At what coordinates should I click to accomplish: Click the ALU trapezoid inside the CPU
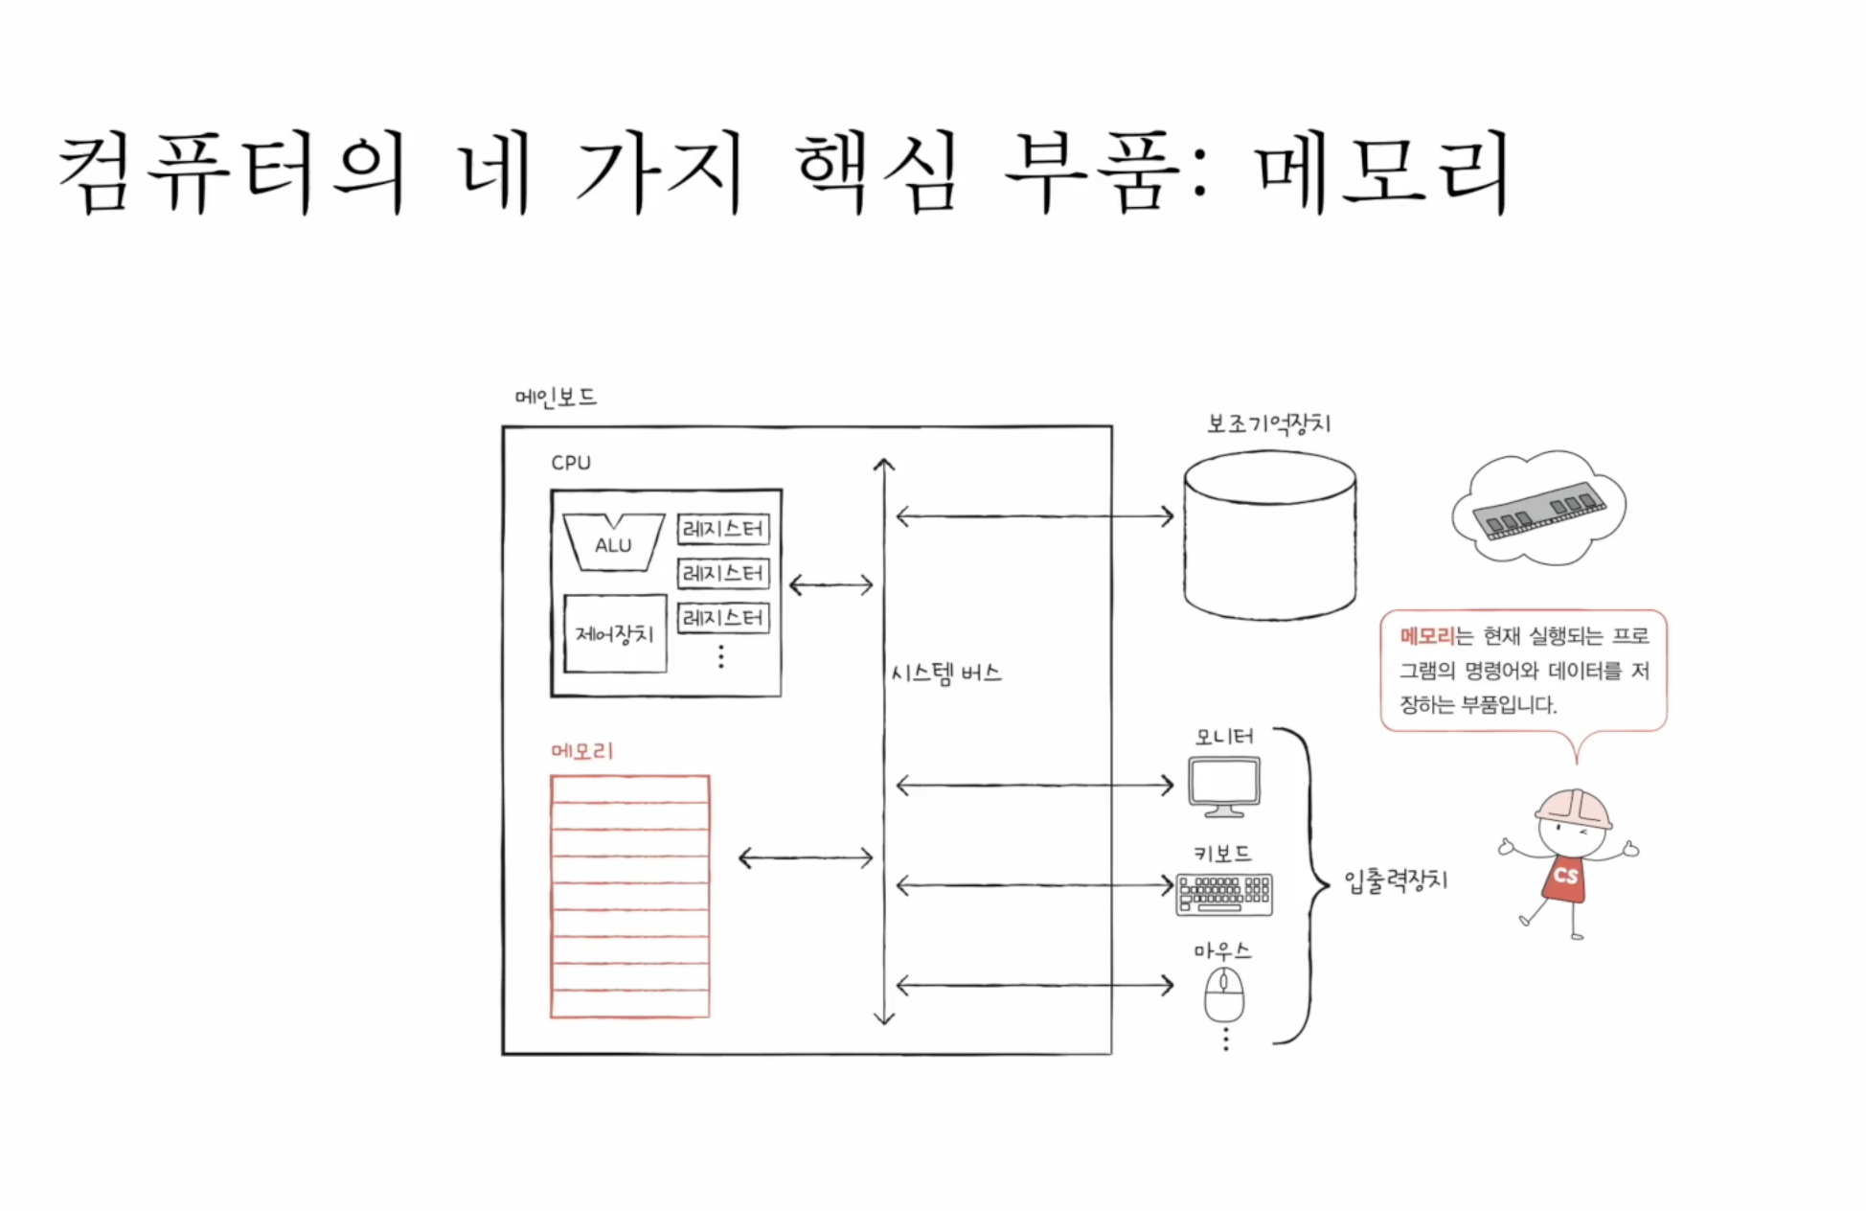[x=613, y=543]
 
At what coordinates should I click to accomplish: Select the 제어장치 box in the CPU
[x=614, y=633]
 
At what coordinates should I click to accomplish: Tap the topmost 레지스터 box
[x=723, y=529]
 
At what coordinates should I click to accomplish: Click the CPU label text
[x=571, y=463]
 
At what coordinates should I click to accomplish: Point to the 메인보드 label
[x=556, y=397]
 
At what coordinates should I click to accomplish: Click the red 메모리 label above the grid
[x=582, y=751]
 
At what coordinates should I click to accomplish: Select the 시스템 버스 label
[x=946, y=674]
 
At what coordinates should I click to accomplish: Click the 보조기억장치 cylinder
[x=1269, y=537]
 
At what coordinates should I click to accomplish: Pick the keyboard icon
[x=1224, y=894]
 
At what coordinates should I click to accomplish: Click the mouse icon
[x=1224, y=994]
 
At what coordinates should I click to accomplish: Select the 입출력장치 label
[x=1396, y=880]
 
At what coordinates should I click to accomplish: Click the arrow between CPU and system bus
[x=831, y=584]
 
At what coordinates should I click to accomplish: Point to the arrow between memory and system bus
[x=806, y=857]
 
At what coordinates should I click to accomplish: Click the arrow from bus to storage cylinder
[x=1035, y=516]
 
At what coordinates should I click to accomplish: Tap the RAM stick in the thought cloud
[x=1538, y=511]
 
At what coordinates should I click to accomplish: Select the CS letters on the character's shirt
[x=1565, y=876]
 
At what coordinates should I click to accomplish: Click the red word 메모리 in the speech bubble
[x=1426, y=636]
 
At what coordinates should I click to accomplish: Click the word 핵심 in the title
[x=876, y=172]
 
